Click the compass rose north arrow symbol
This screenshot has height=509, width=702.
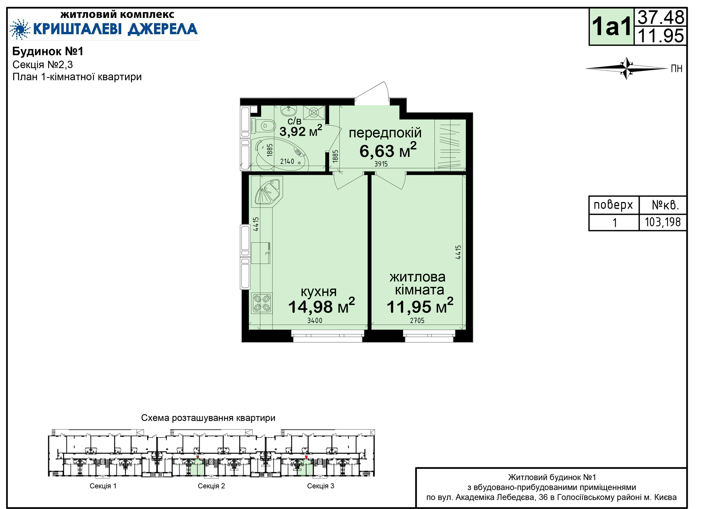click(x=627, y=68)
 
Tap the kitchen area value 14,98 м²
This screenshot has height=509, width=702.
click(x=321, y=306)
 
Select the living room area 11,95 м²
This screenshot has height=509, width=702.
click(x=420, y=306)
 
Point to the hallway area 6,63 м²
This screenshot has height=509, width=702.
click(x=388, y=150)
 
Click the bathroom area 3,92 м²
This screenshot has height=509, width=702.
click(x=301, y=131)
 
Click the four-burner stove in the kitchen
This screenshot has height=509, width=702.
click(x=262, y=303)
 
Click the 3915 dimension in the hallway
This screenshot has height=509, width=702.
click(x=381, y=164)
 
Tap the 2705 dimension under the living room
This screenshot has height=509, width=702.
click(x=417, y=321)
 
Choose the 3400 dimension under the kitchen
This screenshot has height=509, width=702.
click(x=315, y=321)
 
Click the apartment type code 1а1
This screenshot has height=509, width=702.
click(x=612, y=27)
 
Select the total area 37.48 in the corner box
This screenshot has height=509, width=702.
click(x=661, y=17)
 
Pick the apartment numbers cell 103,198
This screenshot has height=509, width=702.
click(x=663, y=222)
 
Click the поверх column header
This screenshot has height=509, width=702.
click(x=613, y=205)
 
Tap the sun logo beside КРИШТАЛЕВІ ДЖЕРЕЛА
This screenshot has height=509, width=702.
click(x=20, y=29)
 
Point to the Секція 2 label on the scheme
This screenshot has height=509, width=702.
click(x=211, y=486)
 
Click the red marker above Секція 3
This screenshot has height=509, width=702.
click(x=306, y=457)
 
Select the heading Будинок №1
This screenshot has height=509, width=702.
click(x=48, y=51)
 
